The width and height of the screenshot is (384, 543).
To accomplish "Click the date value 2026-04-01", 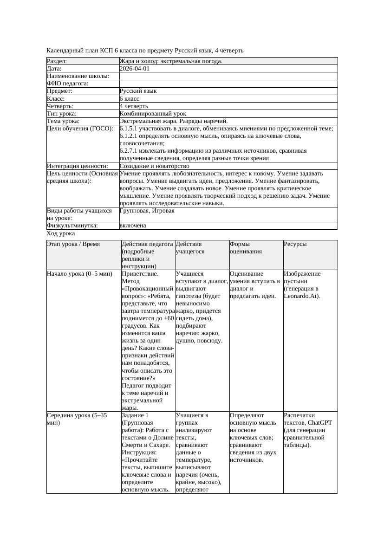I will coord(134,69).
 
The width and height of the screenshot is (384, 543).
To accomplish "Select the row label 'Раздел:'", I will coord(57,61).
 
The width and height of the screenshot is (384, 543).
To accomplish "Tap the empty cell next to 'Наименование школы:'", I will coord(228,76).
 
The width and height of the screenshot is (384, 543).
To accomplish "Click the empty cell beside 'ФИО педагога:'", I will coord(228,84).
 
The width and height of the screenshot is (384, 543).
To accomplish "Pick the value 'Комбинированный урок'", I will coord(153,114).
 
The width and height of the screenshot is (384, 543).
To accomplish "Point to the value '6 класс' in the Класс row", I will coord(130,99).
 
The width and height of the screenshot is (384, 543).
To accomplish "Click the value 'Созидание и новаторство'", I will coord(154,166).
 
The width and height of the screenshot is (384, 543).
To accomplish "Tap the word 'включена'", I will coord(132,226).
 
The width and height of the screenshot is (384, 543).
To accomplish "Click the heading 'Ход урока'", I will coord(61,234).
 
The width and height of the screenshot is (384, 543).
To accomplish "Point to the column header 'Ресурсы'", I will coord(295,244).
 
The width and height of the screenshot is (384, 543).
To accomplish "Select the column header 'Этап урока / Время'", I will coord(73,244).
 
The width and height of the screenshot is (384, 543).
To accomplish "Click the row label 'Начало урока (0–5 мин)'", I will coord(79,274).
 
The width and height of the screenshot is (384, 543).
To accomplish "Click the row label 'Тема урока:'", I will coord(63,121).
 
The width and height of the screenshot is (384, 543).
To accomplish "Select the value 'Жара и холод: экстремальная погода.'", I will coord(170,61).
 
